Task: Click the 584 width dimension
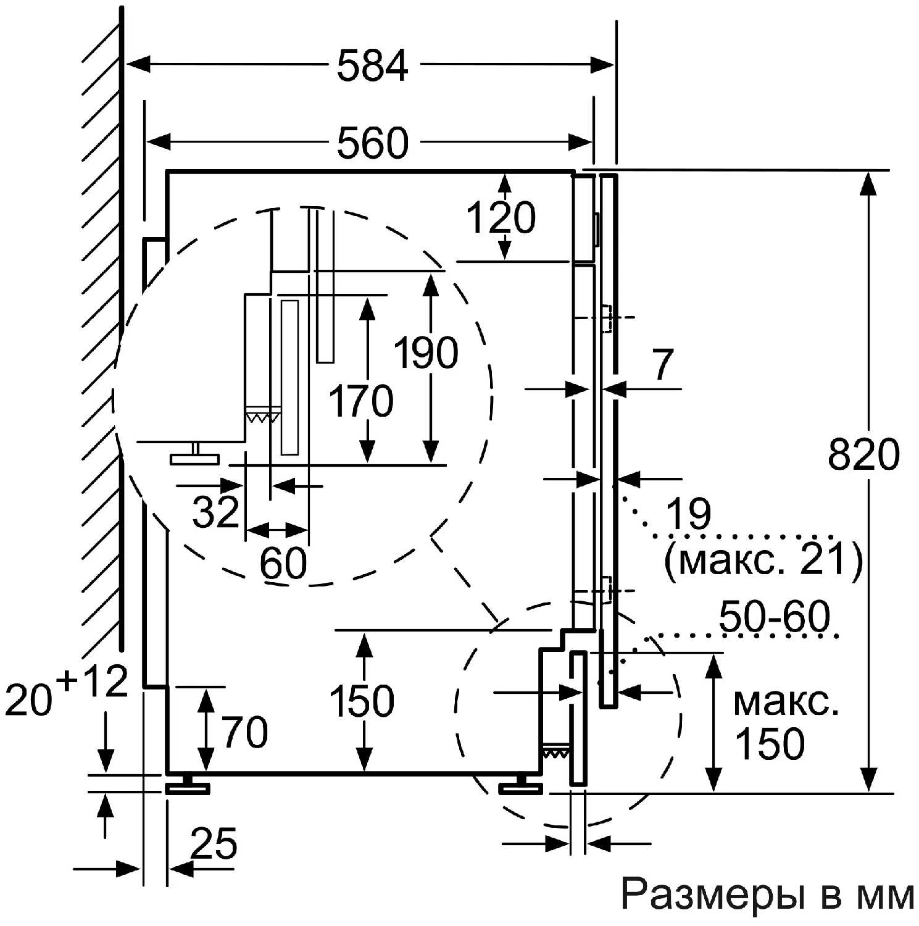tap(372, 65)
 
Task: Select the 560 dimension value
tap(372, 143)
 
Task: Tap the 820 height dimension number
tap(863, 455)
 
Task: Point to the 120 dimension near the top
tap(501, 217)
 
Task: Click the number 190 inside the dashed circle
tap(426, 352)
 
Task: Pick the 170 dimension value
tap(360, 401)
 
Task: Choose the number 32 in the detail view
tap(215, 511)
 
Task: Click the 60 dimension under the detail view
tap(283, 562)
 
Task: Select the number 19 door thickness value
tap(688, 513)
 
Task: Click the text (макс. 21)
tap(763, 559)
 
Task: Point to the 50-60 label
tap(774, 617)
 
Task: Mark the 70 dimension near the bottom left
tap(245, 732)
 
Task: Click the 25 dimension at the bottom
tap(214, 843)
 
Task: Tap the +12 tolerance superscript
tap(93, 682)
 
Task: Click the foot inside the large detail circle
tap(195, 457)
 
